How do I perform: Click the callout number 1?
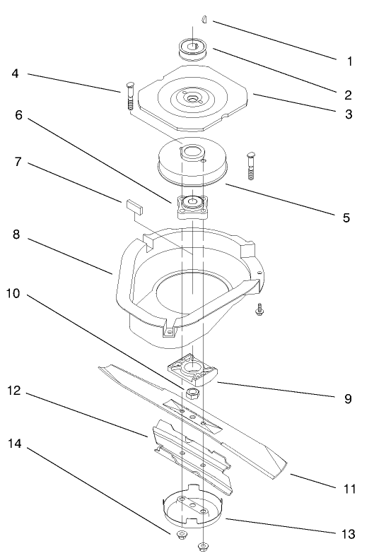pos(349,61)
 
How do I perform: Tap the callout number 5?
pos(346,218)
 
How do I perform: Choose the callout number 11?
pos(348,487)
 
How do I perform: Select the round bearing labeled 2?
pos(195,49)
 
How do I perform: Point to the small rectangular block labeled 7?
pos(132,206)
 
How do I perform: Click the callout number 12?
pos(16,391)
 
